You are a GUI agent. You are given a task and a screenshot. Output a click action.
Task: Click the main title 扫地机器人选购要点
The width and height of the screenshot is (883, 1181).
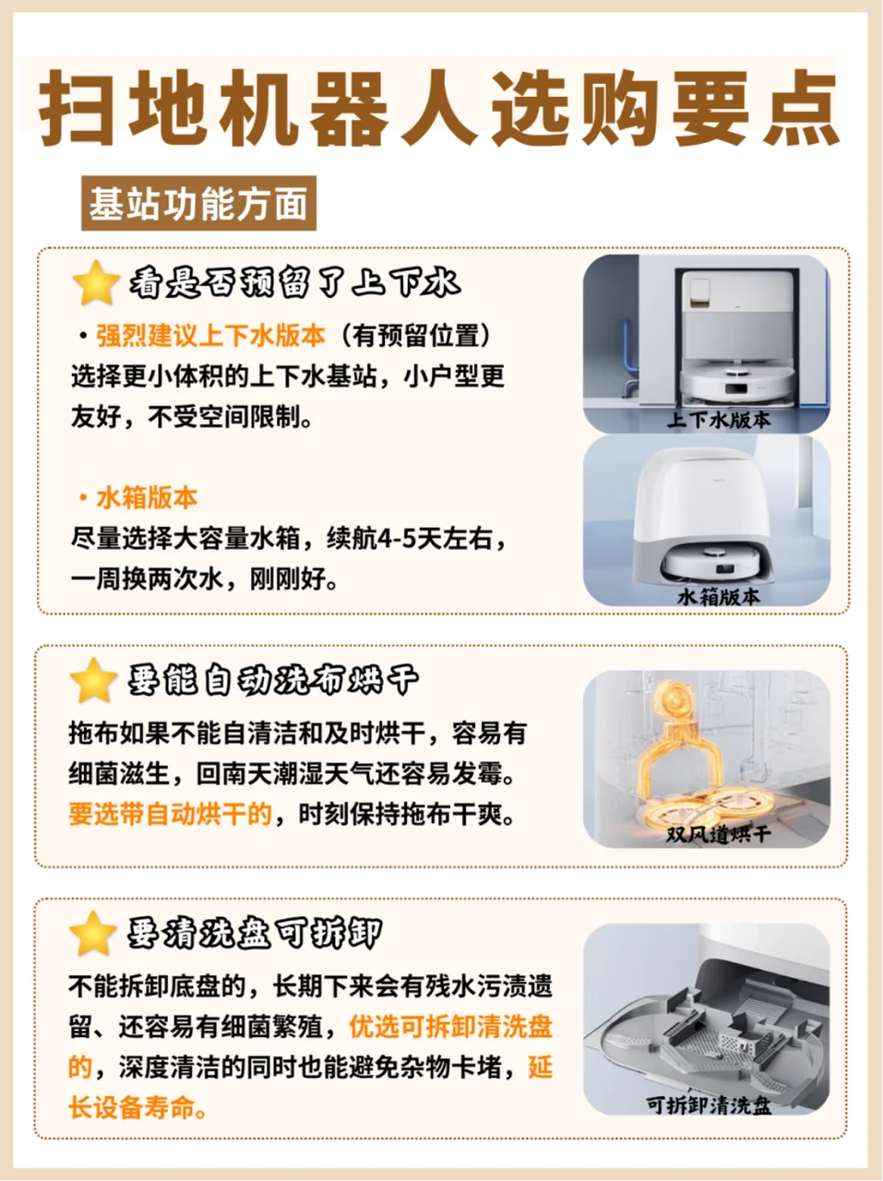439,108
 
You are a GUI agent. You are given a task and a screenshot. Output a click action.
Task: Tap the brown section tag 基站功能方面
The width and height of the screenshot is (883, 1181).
198,203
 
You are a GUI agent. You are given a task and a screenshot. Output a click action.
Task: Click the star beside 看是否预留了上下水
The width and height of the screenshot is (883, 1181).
96,283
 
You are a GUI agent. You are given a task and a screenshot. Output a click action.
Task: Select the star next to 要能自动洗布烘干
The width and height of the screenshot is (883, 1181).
93,680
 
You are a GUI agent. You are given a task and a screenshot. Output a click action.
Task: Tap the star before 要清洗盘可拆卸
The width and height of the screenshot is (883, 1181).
93,934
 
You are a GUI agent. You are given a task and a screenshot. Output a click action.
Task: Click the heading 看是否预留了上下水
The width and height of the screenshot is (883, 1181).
295,283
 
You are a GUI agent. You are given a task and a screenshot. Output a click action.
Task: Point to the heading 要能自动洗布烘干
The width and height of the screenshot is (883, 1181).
273,681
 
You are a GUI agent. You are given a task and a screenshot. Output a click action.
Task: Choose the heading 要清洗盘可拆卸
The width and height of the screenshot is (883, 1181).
255,934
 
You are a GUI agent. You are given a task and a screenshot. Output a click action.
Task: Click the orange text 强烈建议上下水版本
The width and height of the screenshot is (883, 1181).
211,336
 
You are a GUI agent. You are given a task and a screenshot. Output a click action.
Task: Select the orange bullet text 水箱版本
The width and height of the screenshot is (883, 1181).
147,497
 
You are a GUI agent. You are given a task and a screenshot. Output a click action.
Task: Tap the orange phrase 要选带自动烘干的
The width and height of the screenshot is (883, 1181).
171,814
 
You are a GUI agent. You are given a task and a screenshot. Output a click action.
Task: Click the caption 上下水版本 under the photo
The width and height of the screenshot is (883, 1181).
719,420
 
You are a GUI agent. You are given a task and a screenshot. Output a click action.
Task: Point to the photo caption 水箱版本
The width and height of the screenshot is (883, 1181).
719,597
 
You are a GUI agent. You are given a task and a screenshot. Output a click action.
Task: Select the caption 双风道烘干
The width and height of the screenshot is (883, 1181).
719,834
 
